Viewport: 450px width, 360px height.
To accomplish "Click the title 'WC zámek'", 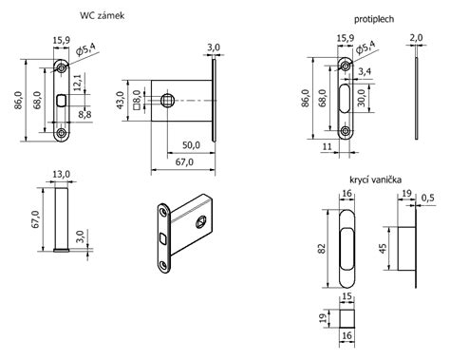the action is [x=103, y=15].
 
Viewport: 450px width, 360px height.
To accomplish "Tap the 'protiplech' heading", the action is [x=374, y=19].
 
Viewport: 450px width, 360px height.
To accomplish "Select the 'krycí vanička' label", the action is [x=376, y=180].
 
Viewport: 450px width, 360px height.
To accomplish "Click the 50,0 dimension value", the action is [x=191, y=145].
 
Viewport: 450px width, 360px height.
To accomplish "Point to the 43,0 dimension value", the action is [x=121, y=101].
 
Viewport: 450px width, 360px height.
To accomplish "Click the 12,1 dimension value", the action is [x=78, y=83].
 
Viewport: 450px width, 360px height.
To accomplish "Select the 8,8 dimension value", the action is [x=84, y=114].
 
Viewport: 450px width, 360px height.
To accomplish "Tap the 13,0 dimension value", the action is [x=61, y=175].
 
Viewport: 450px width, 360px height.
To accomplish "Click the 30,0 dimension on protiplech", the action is [x=362, y=98].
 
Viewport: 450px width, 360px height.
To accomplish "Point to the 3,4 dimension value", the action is [x=365, y=71].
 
